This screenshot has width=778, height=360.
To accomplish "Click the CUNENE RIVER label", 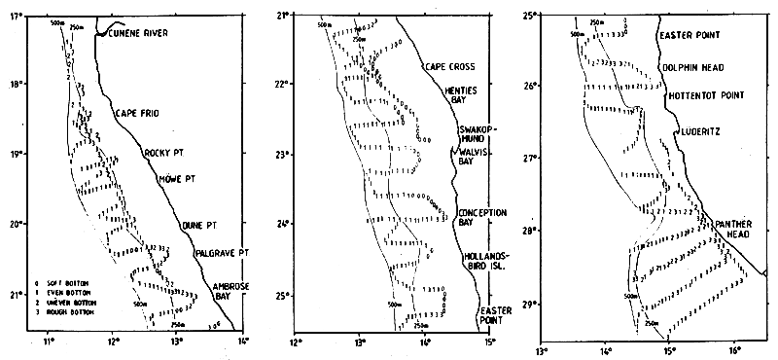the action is [x=142, y=35].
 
